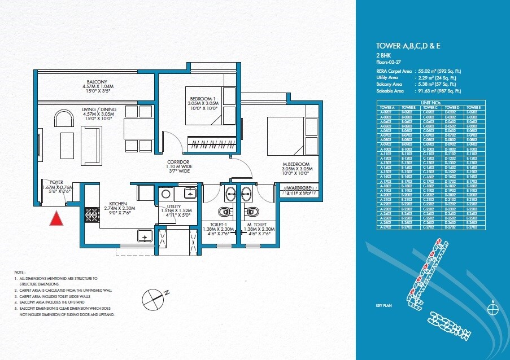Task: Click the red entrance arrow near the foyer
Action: point(55,218)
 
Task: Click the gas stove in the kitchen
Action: point(90,215)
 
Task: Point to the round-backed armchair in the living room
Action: point(63,118)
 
